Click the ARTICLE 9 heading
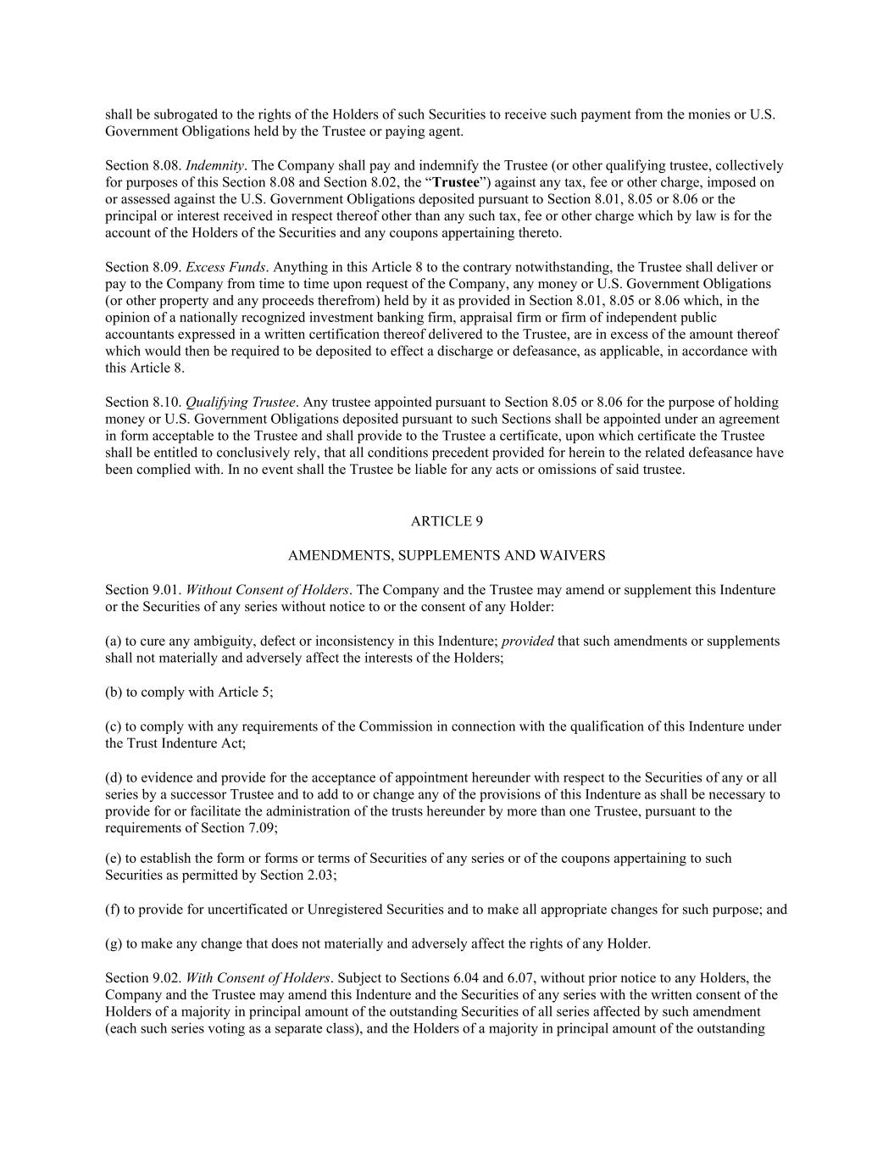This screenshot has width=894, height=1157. [x=447, y=521]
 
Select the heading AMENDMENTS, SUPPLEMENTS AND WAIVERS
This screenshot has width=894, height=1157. [x=447, y=556]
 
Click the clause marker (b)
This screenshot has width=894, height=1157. [x=114, y=693]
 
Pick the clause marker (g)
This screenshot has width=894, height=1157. [x=114, y=943]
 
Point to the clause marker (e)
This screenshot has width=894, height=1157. [x=114, y=858]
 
